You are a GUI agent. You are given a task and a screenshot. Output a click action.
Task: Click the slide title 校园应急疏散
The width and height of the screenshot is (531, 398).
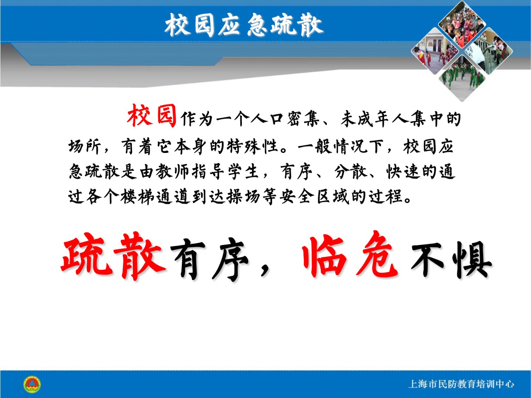point(244,25)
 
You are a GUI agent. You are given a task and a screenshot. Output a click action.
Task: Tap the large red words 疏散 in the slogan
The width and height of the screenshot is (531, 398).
point(113,256)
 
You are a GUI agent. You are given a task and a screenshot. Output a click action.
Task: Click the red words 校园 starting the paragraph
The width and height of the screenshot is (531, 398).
point(152,115)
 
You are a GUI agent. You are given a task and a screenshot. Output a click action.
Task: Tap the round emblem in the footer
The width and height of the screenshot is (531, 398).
point(32,384)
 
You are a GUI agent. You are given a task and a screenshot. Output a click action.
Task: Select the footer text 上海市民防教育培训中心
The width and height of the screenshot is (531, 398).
point(461,384)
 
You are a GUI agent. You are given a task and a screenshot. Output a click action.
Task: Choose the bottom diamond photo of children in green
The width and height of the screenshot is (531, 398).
point(462,78)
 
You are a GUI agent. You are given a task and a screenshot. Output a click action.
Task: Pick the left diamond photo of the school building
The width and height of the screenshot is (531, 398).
point(435,51)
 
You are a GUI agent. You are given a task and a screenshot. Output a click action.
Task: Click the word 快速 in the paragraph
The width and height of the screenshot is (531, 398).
point(403,172)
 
